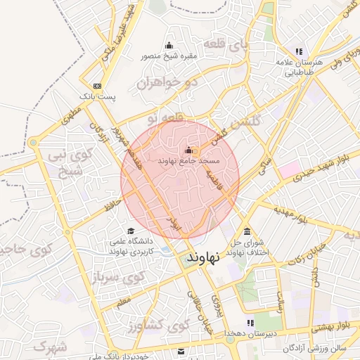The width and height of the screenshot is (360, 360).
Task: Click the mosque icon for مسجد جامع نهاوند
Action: tap(188, 150)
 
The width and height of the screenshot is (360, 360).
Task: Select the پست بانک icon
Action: tap(97, 86)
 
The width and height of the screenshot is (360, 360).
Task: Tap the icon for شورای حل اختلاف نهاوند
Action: tap(246, 231)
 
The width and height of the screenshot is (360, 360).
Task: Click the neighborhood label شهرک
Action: tap(49, 347)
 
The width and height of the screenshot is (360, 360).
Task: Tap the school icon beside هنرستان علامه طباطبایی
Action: tap(300, 51)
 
